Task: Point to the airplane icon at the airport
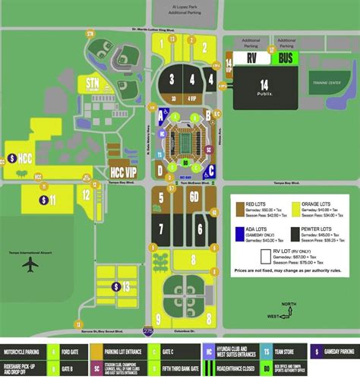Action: pos(30,265)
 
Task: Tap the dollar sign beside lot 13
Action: pos(115,286)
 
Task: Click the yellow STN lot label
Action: pos(93,83)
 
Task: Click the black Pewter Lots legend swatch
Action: pos(293,230)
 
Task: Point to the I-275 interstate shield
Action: pos(147,331)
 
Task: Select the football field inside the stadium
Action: pos(185,141)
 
